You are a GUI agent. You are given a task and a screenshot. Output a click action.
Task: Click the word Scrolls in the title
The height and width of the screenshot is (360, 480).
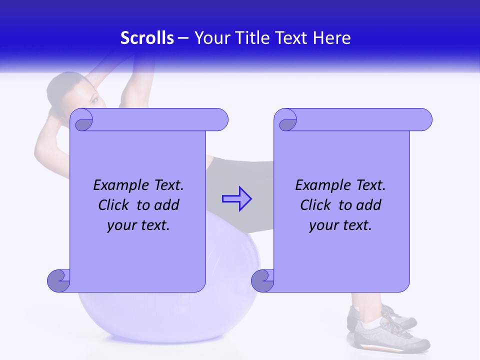pos(147,38)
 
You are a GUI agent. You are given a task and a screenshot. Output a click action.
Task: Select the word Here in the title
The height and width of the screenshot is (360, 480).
pos(331,38)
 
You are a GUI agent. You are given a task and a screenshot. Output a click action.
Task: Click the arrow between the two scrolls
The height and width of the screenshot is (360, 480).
pos(236,199)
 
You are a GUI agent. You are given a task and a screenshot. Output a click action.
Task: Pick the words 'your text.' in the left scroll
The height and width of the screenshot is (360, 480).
pos(138,225)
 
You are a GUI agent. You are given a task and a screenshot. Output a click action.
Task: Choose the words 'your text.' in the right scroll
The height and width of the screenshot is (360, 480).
pos(340,225)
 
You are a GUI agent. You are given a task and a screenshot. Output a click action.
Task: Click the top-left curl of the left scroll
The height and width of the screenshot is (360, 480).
pos(84,121)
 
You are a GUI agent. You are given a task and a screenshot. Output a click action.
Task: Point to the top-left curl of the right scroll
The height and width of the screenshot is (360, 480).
pos(288,121)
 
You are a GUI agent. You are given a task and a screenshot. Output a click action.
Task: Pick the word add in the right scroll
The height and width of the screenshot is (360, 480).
pos(369,205)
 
